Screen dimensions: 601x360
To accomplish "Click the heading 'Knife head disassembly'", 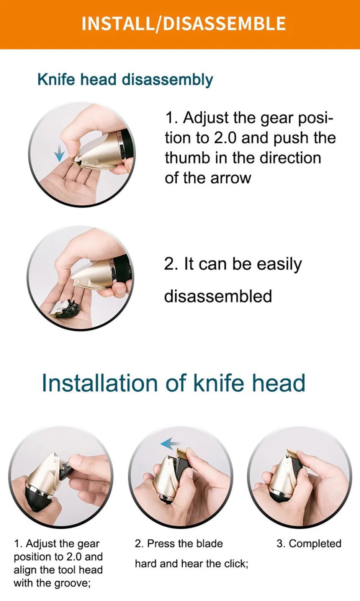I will pyautogui.click(x=125, y=80).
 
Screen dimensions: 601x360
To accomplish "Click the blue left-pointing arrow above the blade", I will pyautogui.click(x=169, y=444).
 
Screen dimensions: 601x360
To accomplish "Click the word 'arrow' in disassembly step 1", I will pyautogui.click(x=232, y=178).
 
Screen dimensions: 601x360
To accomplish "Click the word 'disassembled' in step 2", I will pyautogui.click(x=218, y=296).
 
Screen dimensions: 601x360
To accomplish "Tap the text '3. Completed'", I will pyautogui.click(x=309, y=544).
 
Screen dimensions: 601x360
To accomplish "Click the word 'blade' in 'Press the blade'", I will pyautogui.click(x=209, y=544).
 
